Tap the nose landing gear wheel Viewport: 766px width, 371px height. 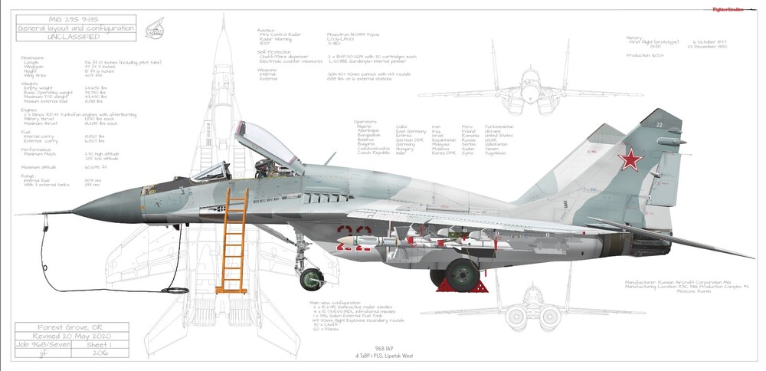tap(311, 277)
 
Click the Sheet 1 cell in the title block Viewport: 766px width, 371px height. tap(100, 346)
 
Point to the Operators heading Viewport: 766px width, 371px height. tap(365, 122)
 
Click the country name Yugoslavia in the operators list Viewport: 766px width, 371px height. tap(495, 153)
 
